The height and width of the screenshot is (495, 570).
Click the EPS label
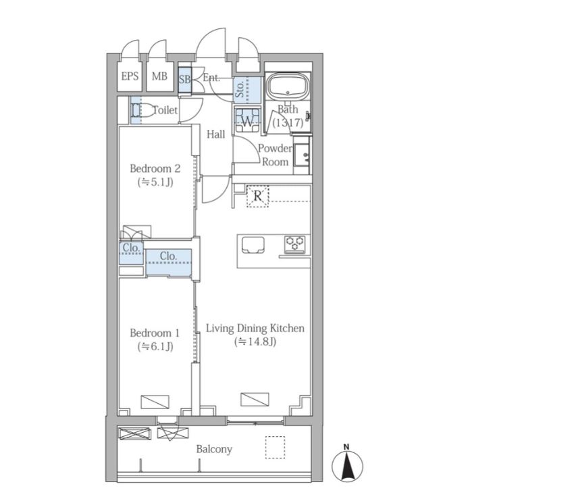pos(130,76)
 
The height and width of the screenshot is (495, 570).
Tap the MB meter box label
pos(159,76)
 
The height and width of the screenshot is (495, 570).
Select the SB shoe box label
pos(184,79)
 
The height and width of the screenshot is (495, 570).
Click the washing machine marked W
pos(247,120)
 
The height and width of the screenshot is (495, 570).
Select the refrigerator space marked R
pos(258,196)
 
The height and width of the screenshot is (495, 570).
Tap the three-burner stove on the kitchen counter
pos(294,244)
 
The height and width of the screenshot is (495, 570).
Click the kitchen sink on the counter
pos(253,245)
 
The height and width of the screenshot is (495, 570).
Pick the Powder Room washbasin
pos(303,155)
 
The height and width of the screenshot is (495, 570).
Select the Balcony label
pos(214,450)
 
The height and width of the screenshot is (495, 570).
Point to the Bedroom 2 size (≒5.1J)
pos(155,182)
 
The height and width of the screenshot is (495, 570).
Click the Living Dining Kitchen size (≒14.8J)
pos(255,341)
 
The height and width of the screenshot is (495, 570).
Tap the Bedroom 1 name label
pos(155,333)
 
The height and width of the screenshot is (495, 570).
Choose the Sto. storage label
pos(240,89)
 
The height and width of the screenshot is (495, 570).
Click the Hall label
pos(216,135)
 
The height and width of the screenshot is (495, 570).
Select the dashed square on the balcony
pos(275,447)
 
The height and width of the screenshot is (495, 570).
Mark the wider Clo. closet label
pos(168,256)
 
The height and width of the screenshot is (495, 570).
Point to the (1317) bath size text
pos(288,122)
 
